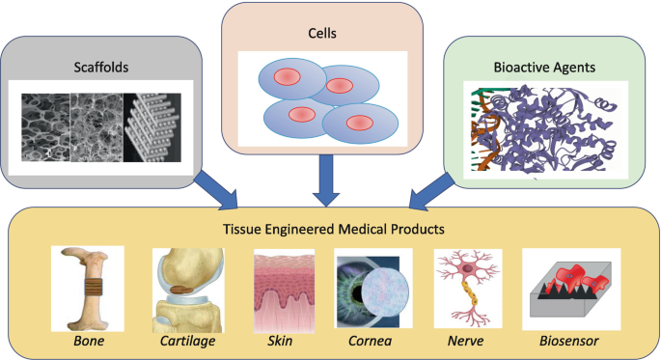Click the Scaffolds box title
[x=101, y=67]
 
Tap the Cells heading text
[x=322, y=33]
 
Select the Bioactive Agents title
[x=544, y=67]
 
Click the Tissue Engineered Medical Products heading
[x=334, y=229]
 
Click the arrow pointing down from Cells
[x=326, y=180]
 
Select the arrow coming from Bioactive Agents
[x=430, y=191]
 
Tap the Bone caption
[x=89, y=341]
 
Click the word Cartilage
[x=187, y=341]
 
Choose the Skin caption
[x=280, y=341]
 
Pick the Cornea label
[x=371, y=341]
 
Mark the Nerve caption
[x=465, y=341]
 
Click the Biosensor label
[x=569, y=341]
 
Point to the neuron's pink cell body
[x=468, y=268]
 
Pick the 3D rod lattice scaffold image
[x=152, y=127]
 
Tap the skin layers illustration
[x=284, y=291]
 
